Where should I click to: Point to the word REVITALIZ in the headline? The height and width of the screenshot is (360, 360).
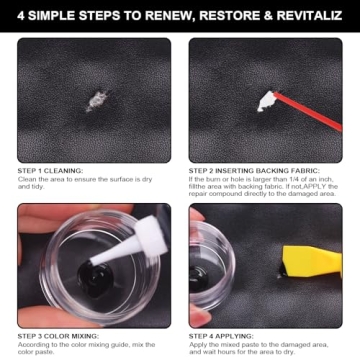click(x=318, y=15)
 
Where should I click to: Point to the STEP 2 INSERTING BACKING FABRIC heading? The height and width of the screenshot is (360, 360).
click(x=248, y=170)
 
